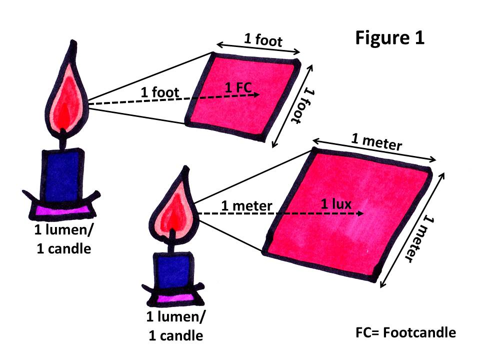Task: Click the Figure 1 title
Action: (389, 38)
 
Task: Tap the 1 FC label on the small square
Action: (238, 87)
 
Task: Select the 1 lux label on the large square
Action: (336, 204)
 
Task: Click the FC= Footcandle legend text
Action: (405, 332)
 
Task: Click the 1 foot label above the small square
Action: (263, 40)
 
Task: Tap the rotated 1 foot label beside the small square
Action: (303, 106)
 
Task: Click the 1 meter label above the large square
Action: (376, 141)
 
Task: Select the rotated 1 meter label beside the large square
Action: (419, 239)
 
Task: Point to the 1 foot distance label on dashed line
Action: (160, 92)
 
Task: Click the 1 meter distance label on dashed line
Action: (246, 205)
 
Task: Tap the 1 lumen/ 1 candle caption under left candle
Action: (63, 239)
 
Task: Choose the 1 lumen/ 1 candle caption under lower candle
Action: (175, 326)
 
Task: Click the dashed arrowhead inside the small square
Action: (255, 94)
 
